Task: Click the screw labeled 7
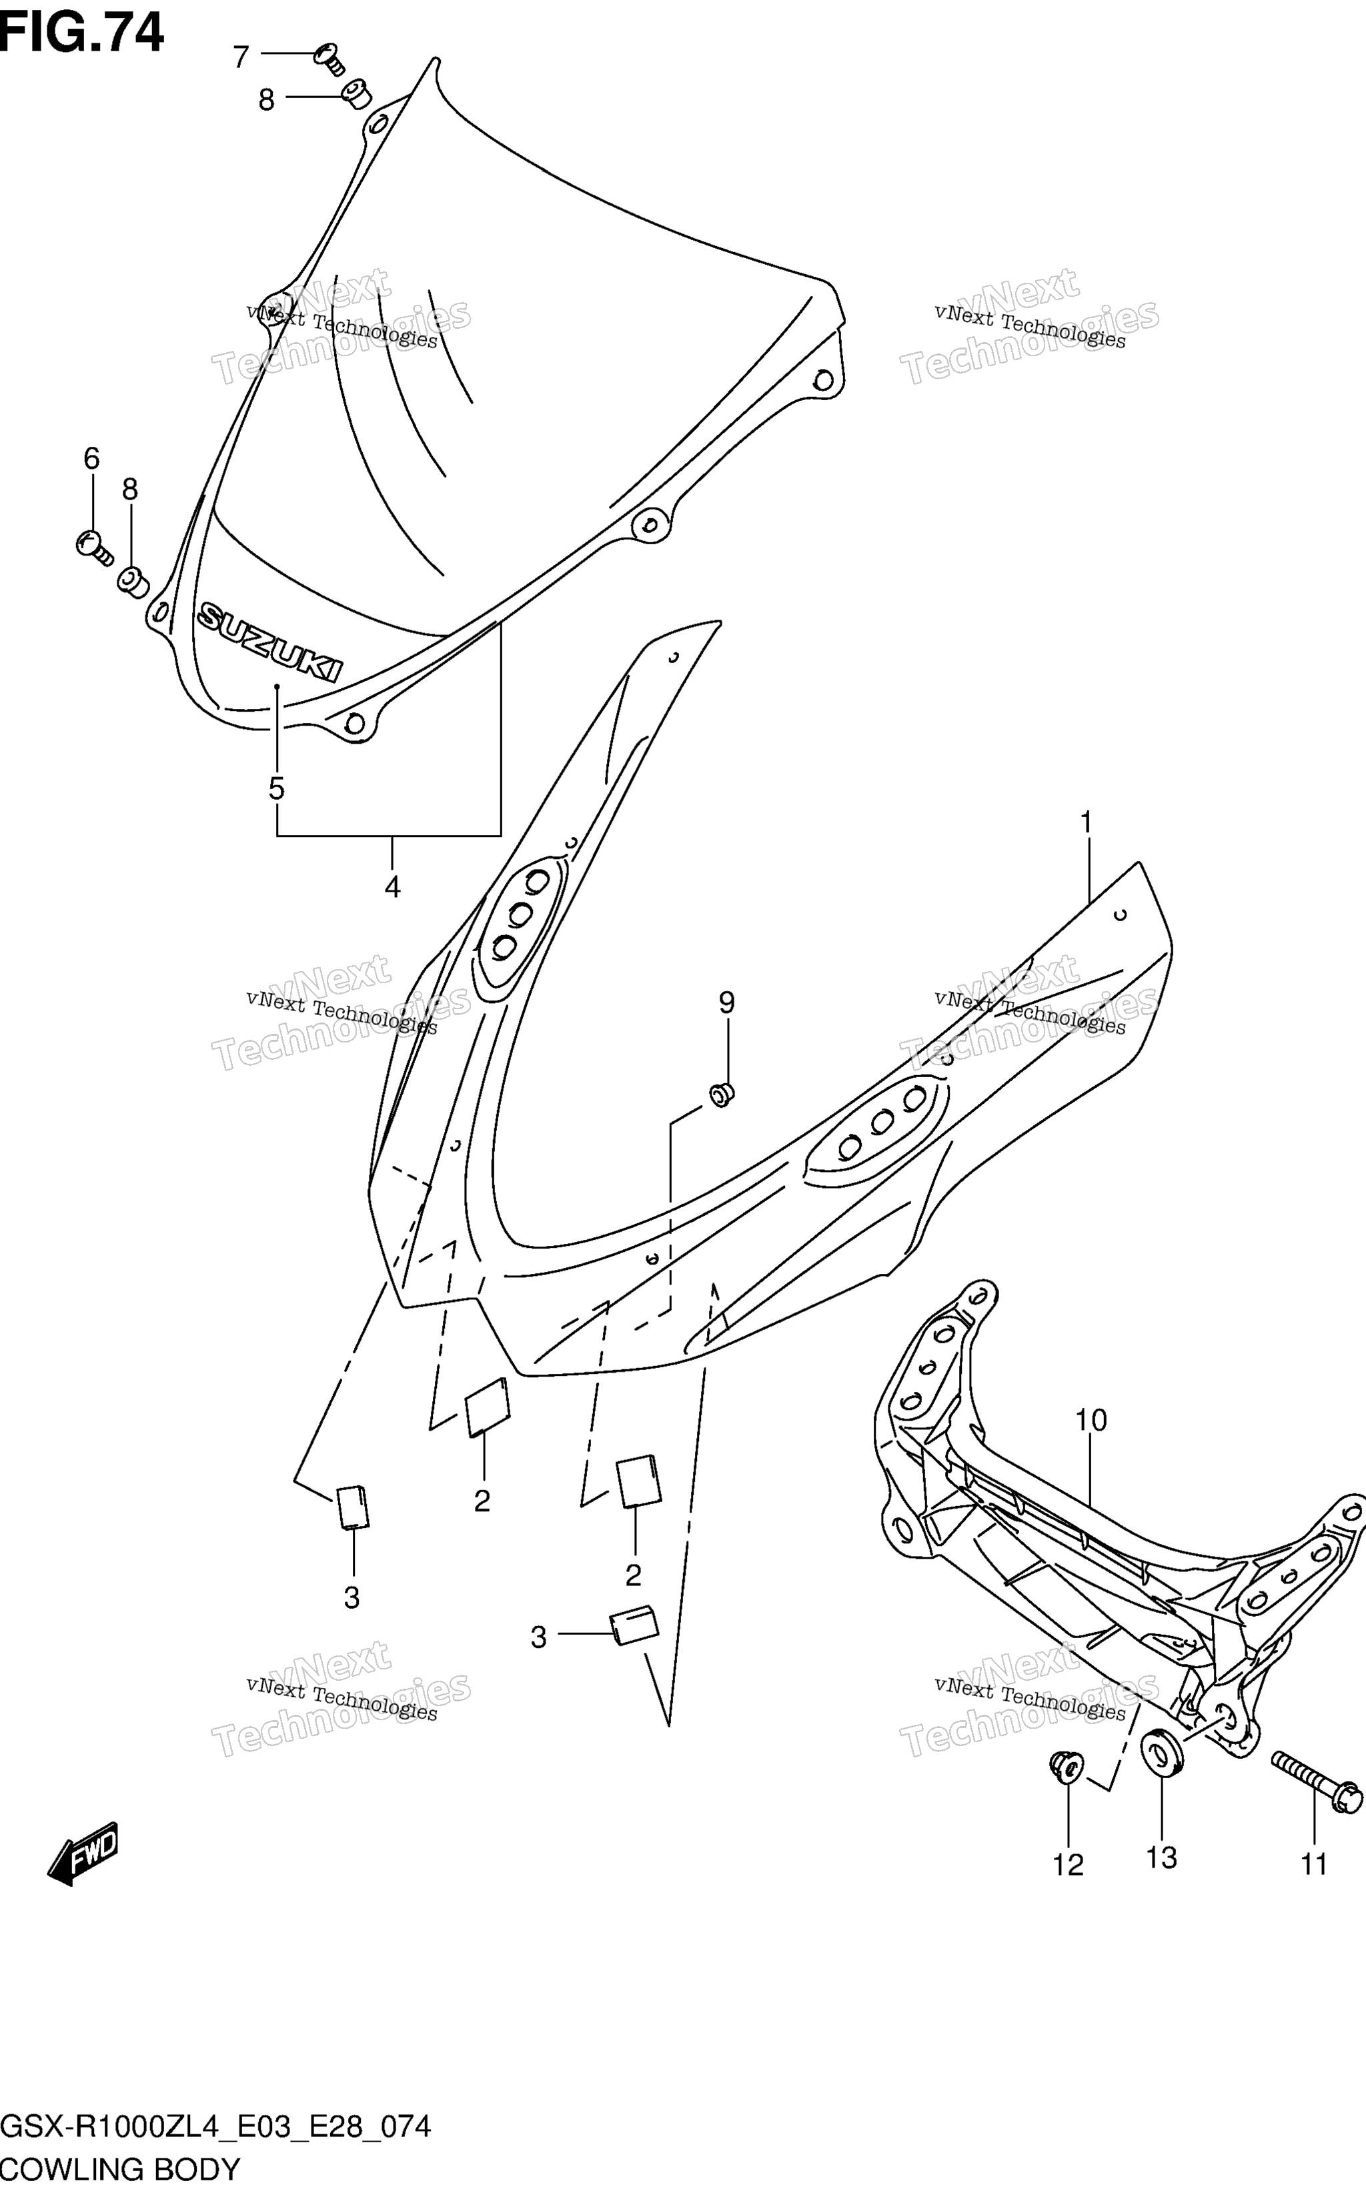click(329, 59)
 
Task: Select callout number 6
click(91, 459)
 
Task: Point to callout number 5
click(276, 788)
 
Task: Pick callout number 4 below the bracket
click(392, 887)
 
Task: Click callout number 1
click(1087, 823)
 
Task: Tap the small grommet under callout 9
click(722, 1094)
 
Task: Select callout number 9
click(726, 1002)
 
